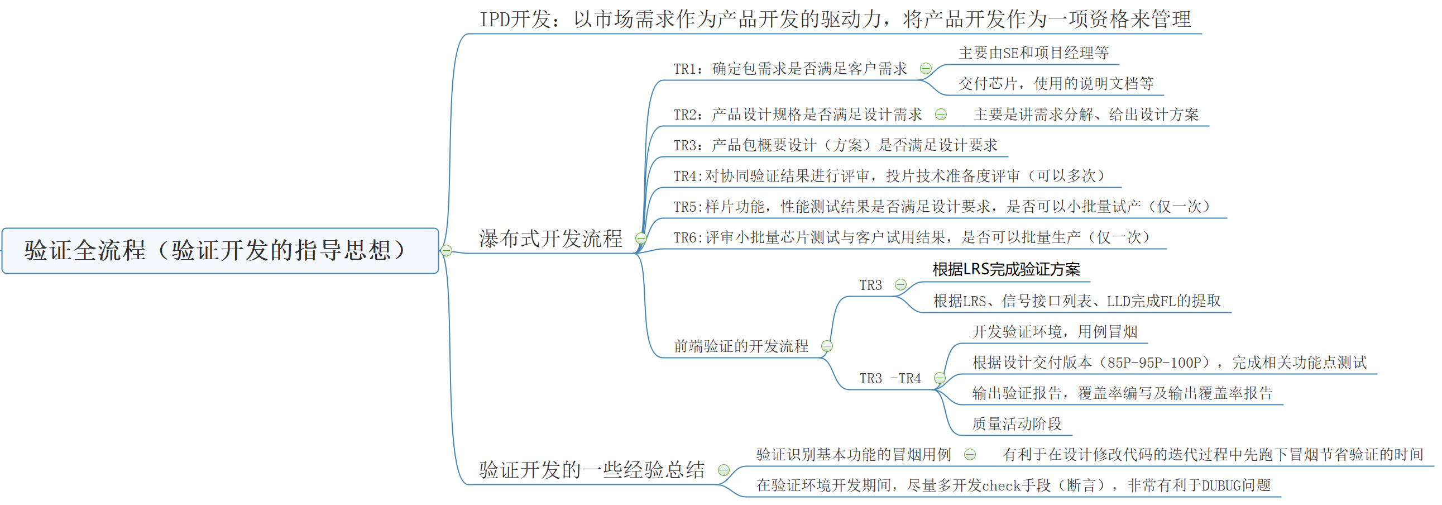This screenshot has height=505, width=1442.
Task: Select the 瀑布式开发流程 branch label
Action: (x=550, y=239)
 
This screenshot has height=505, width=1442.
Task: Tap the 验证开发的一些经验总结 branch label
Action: (x=591, y=470)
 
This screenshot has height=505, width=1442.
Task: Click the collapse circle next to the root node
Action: (x=446, y=251)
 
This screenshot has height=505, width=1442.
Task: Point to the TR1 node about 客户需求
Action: (x=789, y=69)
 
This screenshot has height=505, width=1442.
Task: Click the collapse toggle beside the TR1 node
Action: (x=926, y=69)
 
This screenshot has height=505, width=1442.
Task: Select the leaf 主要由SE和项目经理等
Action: (x=1033, y=53)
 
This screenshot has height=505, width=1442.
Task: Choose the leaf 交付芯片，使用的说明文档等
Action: (x=1056, y=84)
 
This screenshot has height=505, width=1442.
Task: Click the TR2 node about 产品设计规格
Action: (x=797, y=115)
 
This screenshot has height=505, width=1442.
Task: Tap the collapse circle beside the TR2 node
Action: (x=941, y=115)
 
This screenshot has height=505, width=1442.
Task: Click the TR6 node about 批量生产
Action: (x=911, y=238)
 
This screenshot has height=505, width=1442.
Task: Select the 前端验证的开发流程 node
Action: (x=741, y=346)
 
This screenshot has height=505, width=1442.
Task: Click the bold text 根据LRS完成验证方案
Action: (x=1006, y=270)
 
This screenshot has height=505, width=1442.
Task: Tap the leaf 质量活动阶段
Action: (x=1017, y=425)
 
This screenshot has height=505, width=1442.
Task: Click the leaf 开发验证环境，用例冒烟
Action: (x=1055, y=332)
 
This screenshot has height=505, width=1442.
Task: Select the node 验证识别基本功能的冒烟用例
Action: (x=853, y=455)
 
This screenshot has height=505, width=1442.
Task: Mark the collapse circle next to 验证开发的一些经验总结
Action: (x=724, y=470)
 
